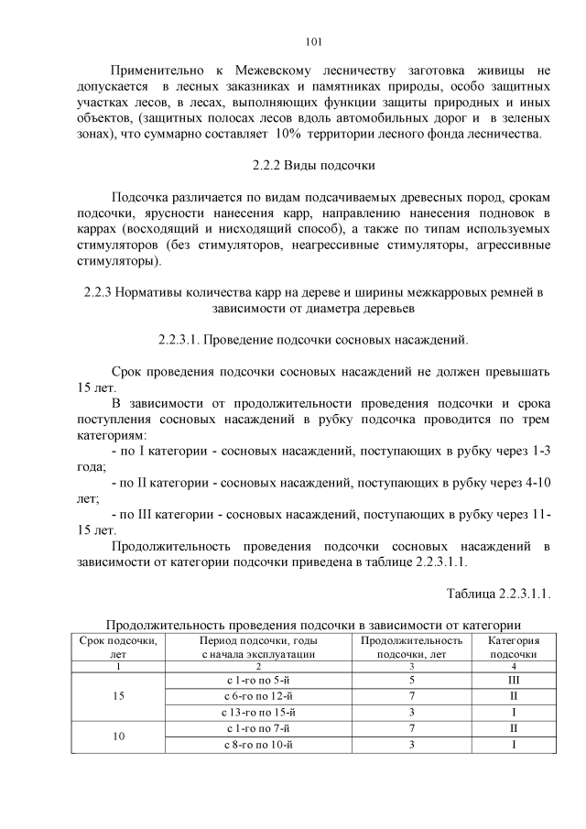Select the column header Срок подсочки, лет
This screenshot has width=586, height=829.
click(x=117, y=648)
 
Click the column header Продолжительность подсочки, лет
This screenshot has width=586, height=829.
click(x=412, y=648)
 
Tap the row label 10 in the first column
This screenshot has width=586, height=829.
click(x=117, y=736)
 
